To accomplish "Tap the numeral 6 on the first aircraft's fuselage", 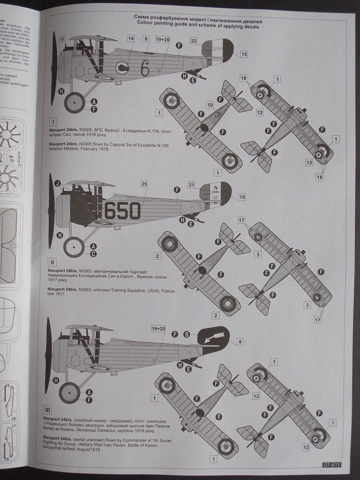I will point(145,68).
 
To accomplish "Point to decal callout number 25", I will point(144,184).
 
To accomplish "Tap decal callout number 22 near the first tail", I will point(194,41).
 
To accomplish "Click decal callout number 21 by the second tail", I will point(191,185).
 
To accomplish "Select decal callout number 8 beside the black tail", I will point(239,342).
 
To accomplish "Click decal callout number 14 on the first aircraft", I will point(131,39).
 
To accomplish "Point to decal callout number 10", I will point(210,105).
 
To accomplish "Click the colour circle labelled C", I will point(94,254).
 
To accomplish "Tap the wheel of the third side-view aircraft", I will point(69,393).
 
